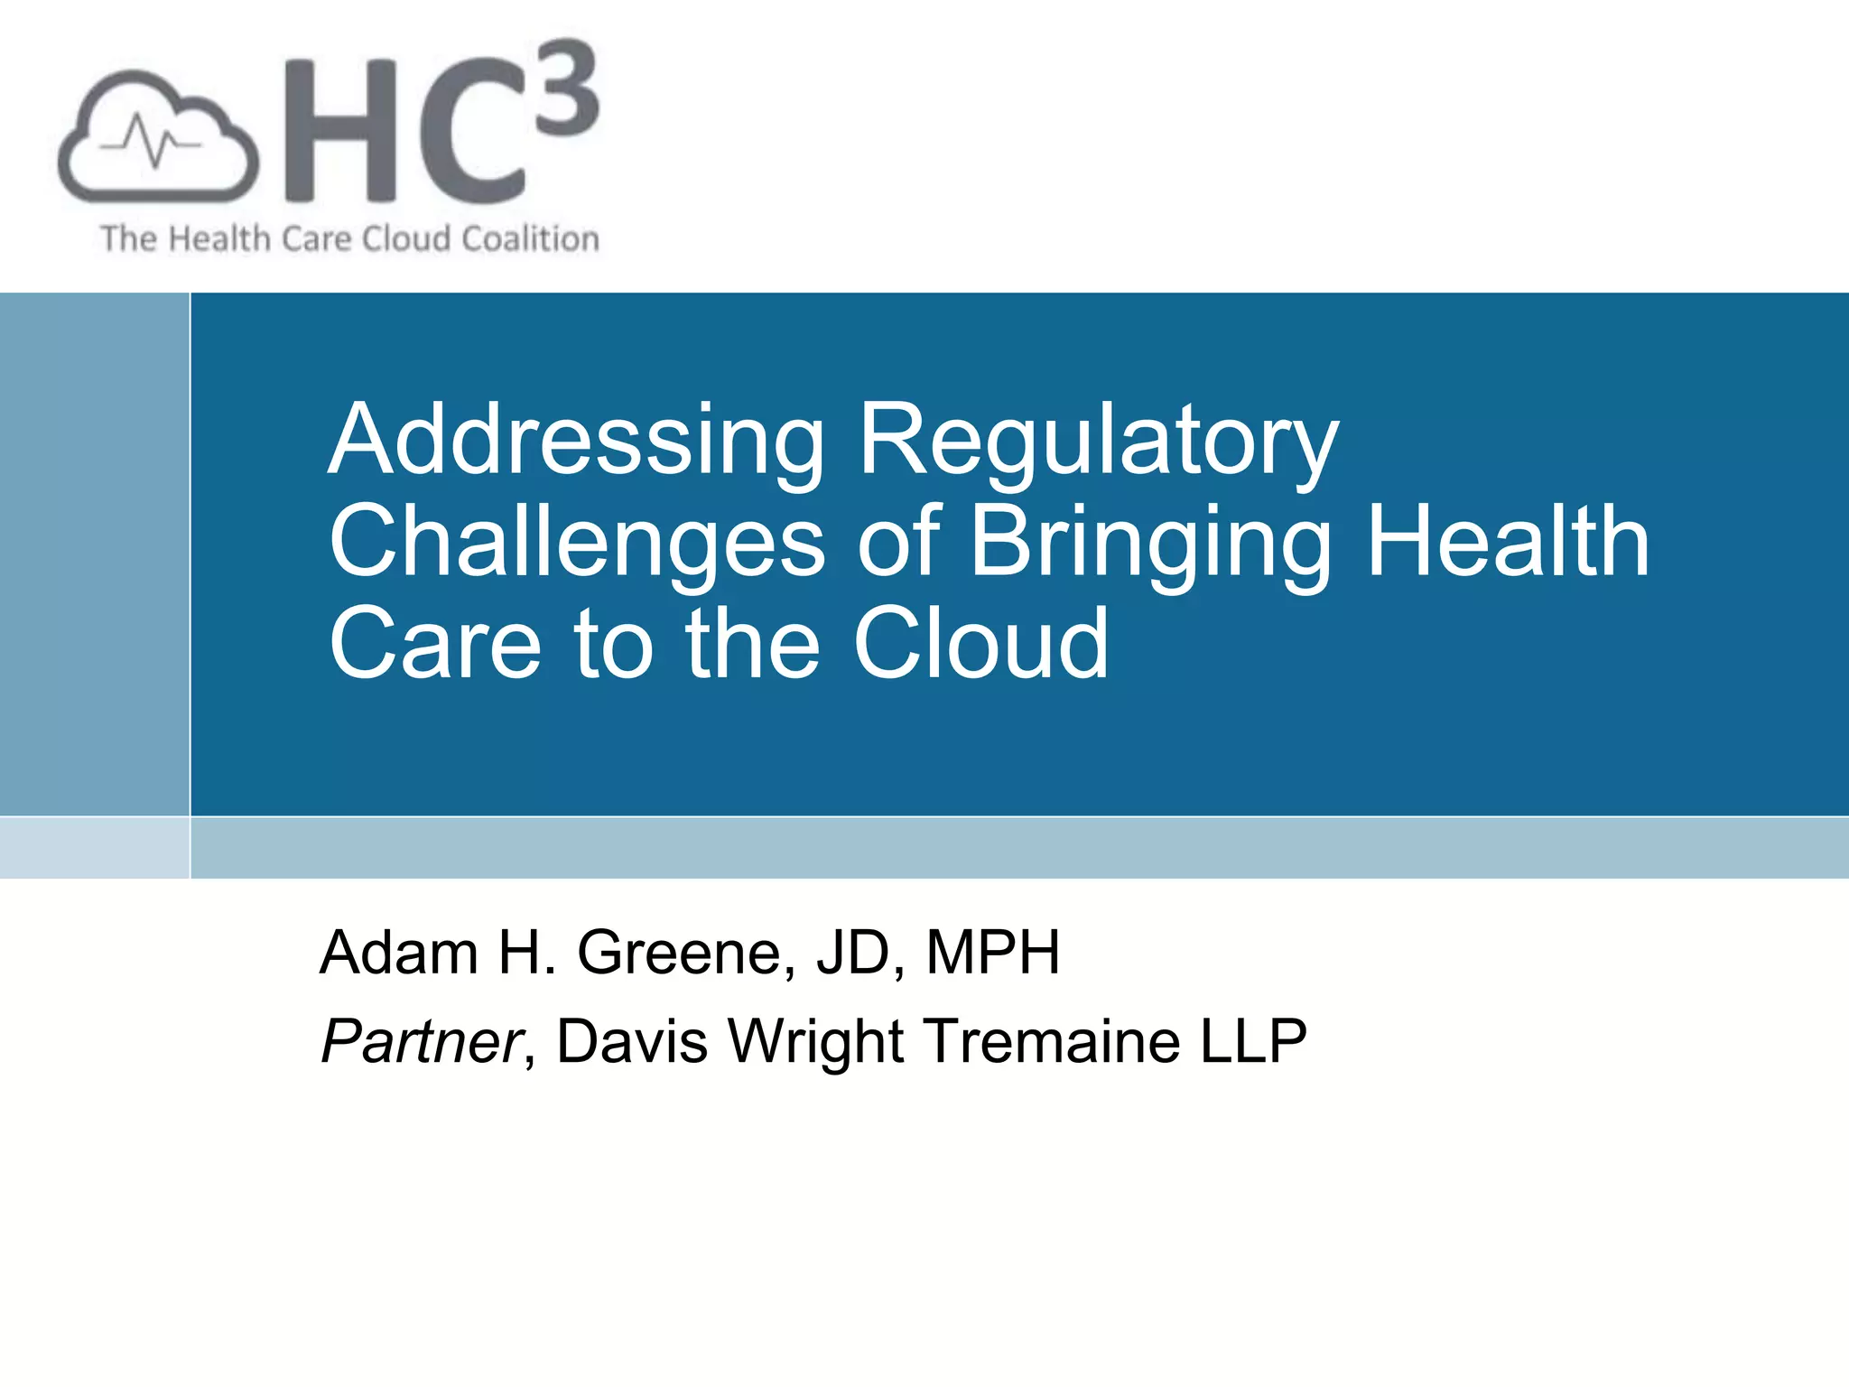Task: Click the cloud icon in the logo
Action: [x=158, y=137]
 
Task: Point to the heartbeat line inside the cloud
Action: [x=150, y=142]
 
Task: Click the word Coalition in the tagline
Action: [x=530, y=239]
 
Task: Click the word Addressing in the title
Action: [x=576, y=440]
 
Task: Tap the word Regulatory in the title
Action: [x=1098, y=440]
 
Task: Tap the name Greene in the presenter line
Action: [x=686, y=953]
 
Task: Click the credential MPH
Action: [x=993, y=953]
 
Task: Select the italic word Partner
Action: [x=422, y=1041]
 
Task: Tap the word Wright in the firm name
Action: [x=816, y=1041]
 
